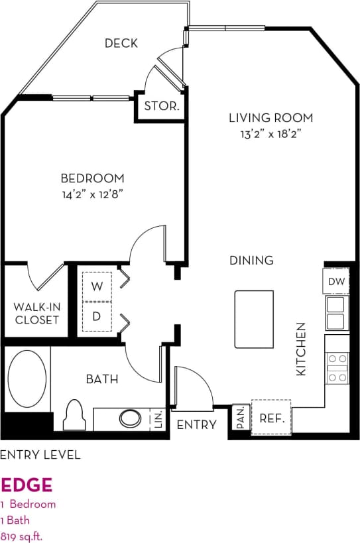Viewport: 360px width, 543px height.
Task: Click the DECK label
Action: click(121, 43)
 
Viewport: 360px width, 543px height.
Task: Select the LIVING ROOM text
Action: click(270, 118)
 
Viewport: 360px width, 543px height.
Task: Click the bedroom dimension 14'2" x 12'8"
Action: click(92, 194)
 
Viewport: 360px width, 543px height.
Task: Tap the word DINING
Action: click(251, 260)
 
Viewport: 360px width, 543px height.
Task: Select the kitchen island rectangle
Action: click(253, 318)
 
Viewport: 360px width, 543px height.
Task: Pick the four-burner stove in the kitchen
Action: click(337, 367)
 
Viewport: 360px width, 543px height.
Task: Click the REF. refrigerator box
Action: click(271, 418)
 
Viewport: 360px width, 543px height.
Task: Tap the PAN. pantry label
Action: click(241, 417)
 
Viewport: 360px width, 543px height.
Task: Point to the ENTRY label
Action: click(196, 424)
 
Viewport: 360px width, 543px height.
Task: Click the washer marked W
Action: click(97, 286)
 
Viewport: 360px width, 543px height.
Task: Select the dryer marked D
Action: click(97, 316)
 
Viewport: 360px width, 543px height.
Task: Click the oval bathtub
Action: click(27, 379)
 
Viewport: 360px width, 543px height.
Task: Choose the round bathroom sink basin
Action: click(129, 419)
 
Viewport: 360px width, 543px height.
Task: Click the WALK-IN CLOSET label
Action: click(36, 314)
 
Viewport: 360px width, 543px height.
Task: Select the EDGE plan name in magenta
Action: click(26, 485)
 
